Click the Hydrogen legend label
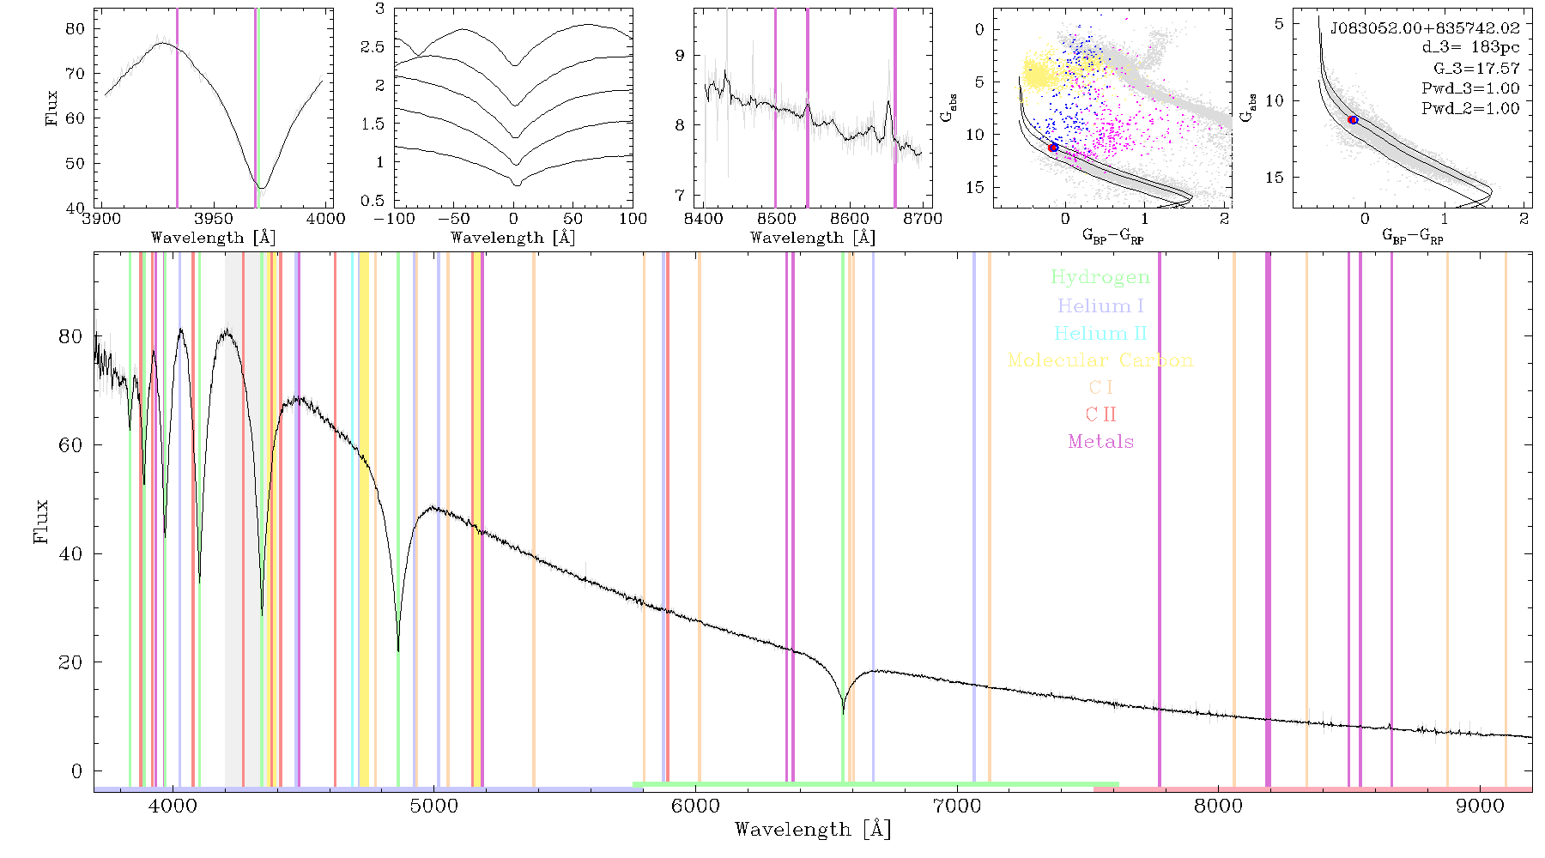coord(1100,277)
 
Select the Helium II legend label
coord(1100,333)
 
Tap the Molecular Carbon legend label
coord(1100,360)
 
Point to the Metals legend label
coord(1100,442)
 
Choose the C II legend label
coord(1100,414)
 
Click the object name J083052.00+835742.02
coord(1425,28)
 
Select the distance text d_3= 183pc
coord(1458,47)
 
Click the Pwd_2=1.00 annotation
coord(1470,108)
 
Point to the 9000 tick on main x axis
coord(1480,806)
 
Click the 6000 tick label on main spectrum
coord(695,806)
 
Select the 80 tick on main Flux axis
coord(70,336)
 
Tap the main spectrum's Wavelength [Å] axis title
coord(813,830)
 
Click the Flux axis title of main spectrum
coord(40,521)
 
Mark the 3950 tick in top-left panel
coord(214,218)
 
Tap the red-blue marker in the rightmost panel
coord(1353,120)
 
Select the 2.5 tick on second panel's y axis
coord(373,46)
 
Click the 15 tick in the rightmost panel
coord(1275,178)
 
